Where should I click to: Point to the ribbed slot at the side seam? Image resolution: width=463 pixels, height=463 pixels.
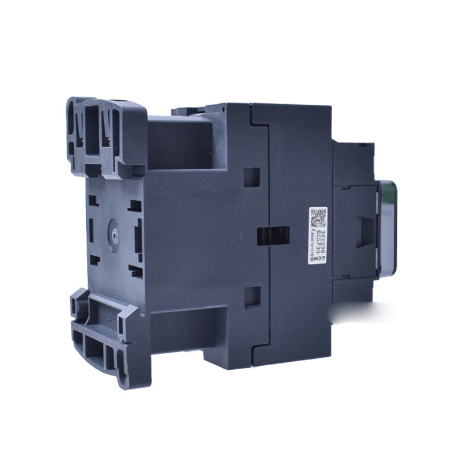(272, 235)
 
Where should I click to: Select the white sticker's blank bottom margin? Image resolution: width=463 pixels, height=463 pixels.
(318, 258)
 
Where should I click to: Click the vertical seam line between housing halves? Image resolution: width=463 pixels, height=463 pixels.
(270, 174)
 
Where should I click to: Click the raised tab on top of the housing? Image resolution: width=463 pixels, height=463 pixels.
(188, 109)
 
